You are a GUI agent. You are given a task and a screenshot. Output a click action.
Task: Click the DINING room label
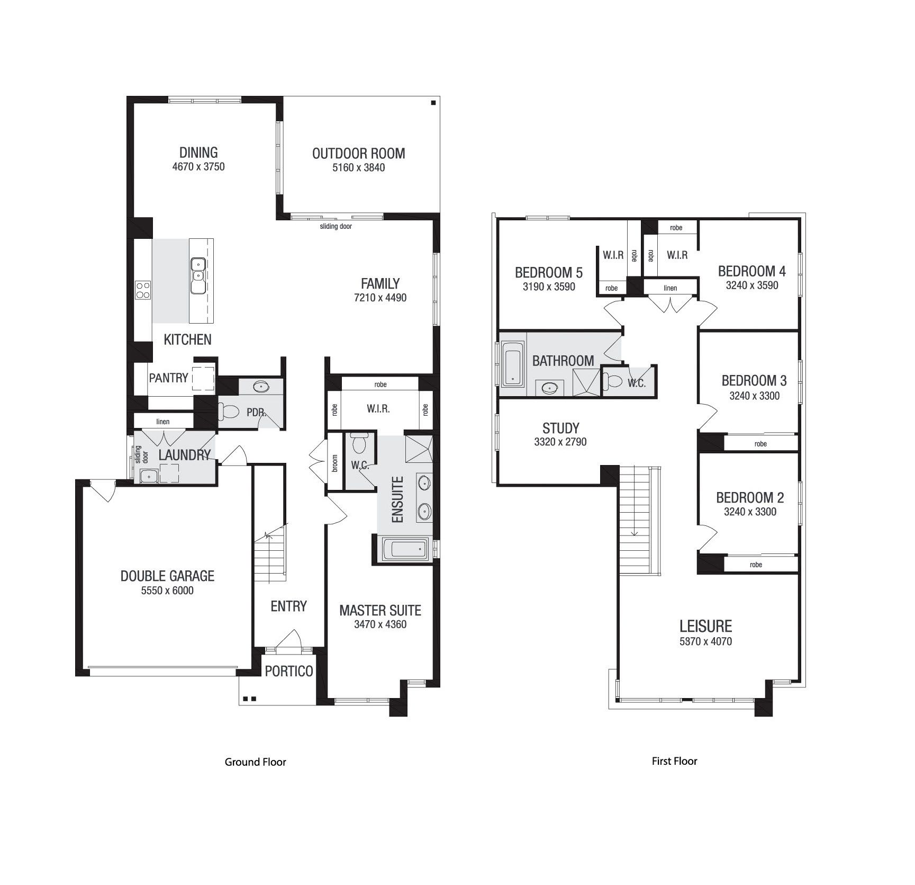198,153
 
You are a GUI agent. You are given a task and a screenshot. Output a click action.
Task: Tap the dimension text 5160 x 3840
358,168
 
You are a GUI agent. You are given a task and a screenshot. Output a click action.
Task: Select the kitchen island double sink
198,275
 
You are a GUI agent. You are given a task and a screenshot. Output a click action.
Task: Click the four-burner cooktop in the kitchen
143,290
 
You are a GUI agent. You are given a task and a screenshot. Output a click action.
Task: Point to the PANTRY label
168,378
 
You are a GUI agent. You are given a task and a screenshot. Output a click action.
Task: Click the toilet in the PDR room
228,412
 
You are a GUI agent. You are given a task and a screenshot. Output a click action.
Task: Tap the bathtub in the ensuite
405,549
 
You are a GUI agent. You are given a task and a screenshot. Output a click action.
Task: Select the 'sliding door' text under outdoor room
336,227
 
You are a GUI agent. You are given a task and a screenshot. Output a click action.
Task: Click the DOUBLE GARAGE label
167,576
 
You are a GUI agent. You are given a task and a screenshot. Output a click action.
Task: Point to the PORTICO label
288,672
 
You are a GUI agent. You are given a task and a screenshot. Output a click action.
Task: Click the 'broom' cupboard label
335,463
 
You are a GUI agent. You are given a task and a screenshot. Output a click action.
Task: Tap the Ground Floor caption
255,762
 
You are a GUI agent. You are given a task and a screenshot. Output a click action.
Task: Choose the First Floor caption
674,761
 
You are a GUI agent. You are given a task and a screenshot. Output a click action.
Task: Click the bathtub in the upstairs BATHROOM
512,363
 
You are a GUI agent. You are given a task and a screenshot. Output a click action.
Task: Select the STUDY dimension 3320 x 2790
560,442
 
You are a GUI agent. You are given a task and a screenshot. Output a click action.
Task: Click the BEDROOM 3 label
754,381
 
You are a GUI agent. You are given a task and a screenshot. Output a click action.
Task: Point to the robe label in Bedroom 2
756,565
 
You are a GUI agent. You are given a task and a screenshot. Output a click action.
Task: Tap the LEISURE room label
705,627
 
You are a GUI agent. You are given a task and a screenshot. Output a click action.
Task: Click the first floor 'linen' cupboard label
670,288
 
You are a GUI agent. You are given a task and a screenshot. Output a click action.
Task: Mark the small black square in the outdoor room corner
433,103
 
